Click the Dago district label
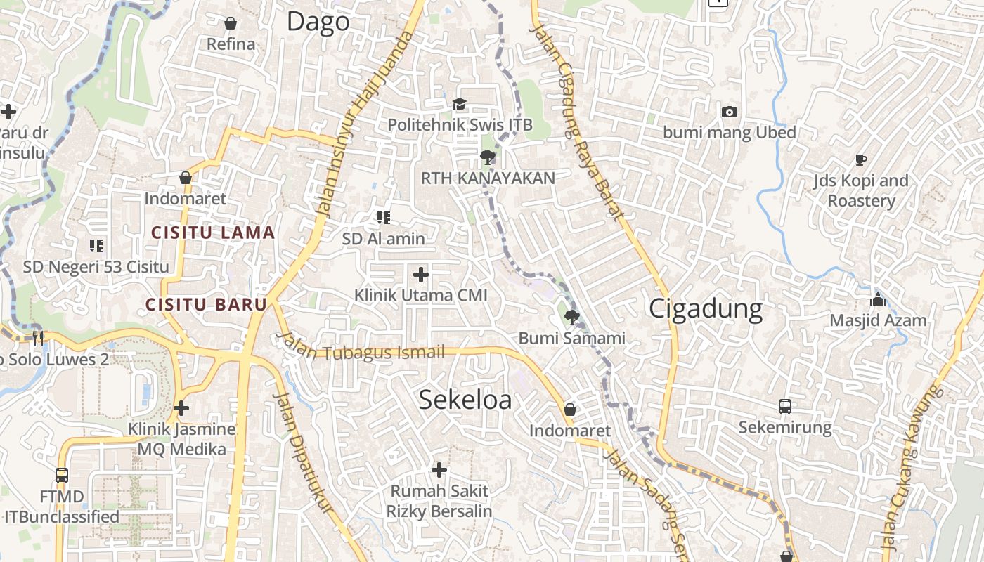pos(318,22)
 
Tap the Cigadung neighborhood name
pos(705,309)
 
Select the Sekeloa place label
pos(465,400)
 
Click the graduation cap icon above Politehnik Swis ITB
pos(459,105)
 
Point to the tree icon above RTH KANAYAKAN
pos(486,157)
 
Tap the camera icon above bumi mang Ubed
pos(730,112)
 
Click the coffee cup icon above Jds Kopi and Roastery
pos(861,159)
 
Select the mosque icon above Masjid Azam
pos(877,300)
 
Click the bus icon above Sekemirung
pos(785,406)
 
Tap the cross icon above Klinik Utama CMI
pos(420,274)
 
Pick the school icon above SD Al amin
pos(383,218)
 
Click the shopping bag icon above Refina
pos(231,23)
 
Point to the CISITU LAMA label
pos(213,233)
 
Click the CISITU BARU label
pos(206,304)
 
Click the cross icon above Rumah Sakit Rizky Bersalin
pos(439,469)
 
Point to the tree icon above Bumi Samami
pos(571,317)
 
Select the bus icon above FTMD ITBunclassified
pos(62,476)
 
